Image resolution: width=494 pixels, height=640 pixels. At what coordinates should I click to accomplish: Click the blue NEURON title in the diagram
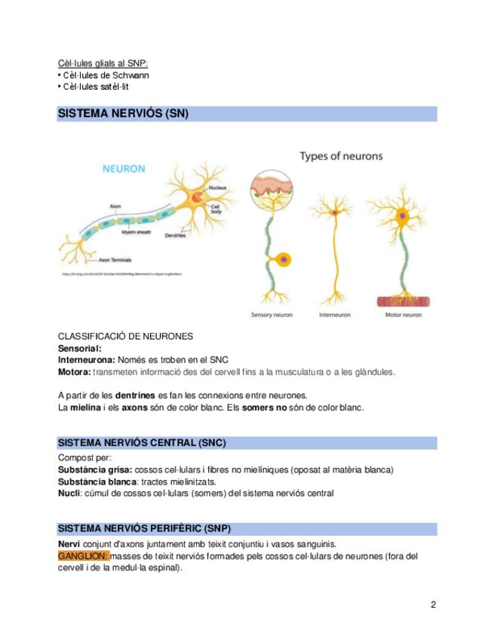point(124,169)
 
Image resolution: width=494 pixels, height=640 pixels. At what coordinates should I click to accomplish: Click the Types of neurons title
point(341,156)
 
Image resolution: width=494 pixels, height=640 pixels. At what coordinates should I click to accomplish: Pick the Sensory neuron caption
point(272,315)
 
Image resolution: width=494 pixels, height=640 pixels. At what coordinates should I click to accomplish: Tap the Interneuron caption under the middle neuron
point(336,315)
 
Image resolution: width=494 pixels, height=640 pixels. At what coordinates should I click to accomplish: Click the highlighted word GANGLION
point(83,556)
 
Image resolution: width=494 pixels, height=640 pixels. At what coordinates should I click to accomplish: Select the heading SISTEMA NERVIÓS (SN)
point(124,114)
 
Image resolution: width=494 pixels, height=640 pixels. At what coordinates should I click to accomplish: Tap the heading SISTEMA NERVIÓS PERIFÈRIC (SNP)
point(149,529)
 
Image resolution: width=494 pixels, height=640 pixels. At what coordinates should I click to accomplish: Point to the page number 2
point(433,605)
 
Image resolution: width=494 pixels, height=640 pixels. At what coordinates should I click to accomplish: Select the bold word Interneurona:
point(87,360)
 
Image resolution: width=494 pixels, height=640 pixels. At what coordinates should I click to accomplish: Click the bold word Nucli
point(69,494)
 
